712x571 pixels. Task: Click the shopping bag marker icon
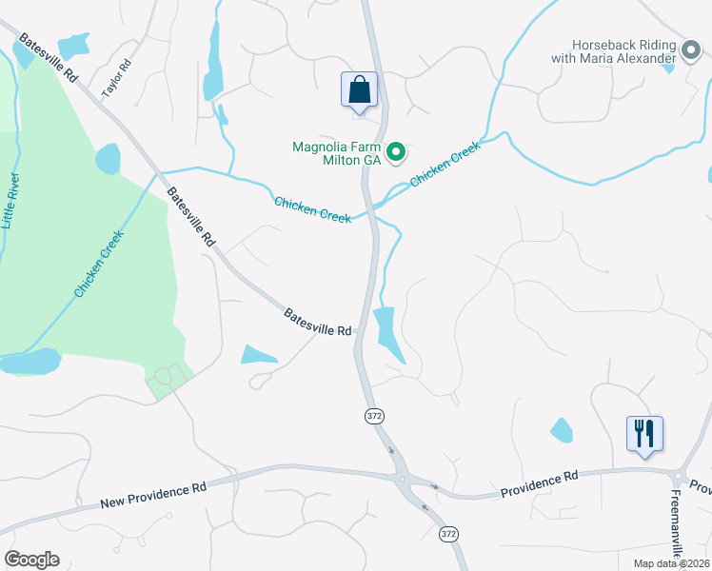click(359, 90)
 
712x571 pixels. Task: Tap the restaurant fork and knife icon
click(644, 433)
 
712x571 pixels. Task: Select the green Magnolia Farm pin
click(398, 152)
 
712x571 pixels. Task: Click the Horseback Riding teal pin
click(691, 47)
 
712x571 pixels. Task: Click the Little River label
click(11, 201)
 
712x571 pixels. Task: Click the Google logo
click(31, 560)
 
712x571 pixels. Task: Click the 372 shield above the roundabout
click(373, 417)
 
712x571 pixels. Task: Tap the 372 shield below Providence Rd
click(448, 535)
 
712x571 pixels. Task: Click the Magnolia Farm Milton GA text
click(337, 154)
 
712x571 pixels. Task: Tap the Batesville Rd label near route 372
click(318, 322)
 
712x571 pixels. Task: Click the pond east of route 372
click(388, 333)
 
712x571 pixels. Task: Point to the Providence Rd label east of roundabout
click(540, 482)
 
